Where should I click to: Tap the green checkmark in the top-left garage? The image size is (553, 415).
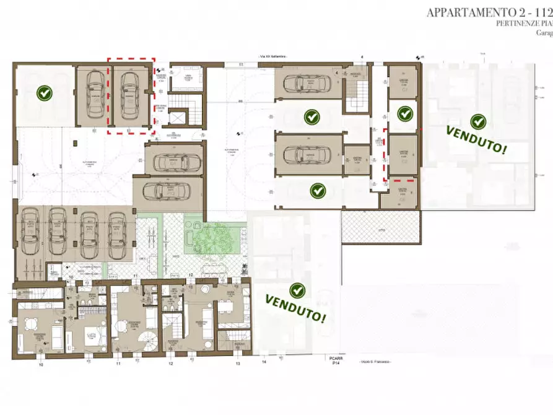pos(44,94)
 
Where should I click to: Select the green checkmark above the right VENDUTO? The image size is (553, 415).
pos(477,121)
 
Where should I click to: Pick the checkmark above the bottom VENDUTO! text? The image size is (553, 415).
pos(297,290)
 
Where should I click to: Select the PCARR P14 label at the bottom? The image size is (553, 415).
pos(336,360)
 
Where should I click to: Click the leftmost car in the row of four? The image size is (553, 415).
pos(30,232)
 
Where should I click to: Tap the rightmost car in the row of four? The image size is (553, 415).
pos(117,232)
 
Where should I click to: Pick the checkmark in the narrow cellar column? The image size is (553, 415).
pos(404,113)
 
